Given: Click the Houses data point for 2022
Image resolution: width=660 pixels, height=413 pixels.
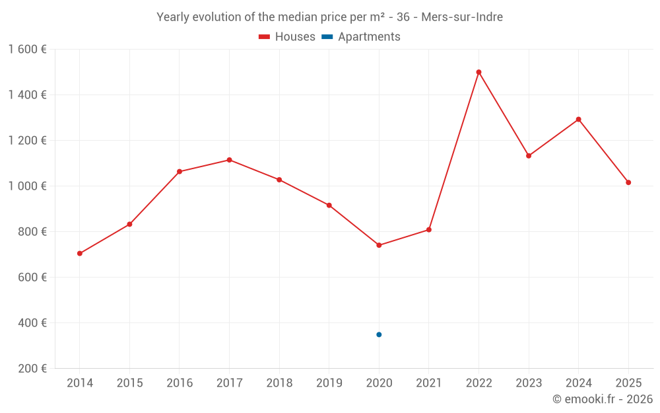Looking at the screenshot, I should (478, 72).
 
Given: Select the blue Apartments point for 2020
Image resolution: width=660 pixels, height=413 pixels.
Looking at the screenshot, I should (379, 334).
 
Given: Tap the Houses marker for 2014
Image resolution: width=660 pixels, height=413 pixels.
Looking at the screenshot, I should (80, 254).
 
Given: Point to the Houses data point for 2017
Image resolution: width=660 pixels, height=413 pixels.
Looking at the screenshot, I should (229, 160).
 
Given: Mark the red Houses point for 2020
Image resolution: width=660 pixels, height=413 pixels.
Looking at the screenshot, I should (379, 245).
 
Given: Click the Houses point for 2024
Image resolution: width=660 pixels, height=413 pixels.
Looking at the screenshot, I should (578, 120).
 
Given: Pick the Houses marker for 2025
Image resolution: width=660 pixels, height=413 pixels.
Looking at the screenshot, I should (628, 182).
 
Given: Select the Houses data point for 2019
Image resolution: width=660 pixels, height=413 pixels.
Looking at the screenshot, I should (329, 206).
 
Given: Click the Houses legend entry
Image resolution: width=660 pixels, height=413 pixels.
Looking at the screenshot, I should (287, 37).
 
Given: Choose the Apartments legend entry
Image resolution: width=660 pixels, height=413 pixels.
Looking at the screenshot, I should (362, 37).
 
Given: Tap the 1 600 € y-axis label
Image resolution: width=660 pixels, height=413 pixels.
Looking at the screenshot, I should (28, 50).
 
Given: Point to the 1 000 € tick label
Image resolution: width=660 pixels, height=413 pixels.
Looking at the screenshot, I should (28, 186).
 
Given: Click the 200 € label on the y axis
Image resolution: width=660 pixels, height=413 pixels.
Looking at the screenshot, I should (33, 369).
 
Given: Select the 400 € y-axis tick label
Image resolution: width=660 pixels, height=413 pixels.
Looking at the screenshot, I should (33, 323).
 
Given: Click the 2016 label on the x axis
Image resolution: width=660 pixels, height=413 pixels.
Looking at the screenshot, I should (180, 383).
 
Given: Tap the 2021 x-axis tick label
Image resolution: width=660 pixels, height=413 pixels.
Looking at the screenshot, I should (428, 383).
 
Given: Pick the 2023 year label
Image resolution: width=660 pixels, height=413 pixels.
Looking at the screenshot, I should (528, 383).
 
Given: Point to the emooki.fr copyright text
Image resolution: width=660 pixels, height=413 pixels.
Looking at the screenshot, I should (602, 399).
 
